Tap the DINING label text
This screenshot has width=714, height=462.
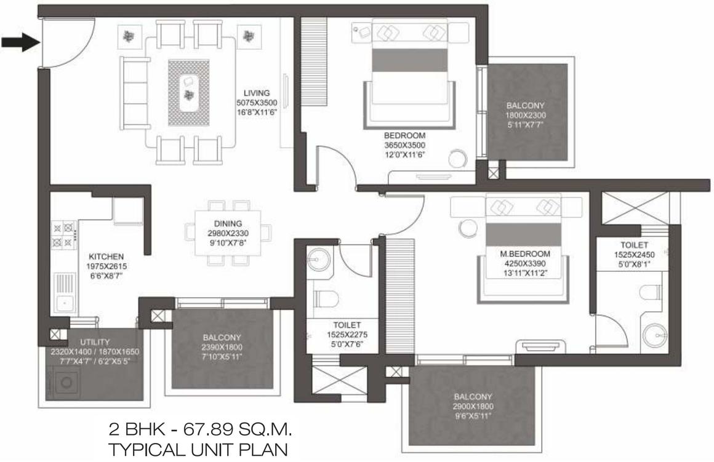(228, 224)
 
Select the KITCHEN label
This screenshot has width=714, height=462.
(106, 257)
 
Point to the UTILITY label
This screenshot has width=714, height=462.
(95, 342)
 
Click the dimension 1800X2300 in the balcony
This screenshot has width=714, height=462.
(526, 115)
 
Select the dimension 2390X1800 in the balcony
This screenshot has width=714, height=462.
(222, 347)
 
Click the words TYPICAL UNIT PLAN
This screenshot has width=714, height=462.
(198, 448)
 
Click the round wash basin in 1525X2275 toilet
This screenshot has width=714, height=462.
(318, 260)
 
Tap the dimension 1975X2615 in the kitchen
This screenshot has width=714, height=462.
(106, 266)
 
